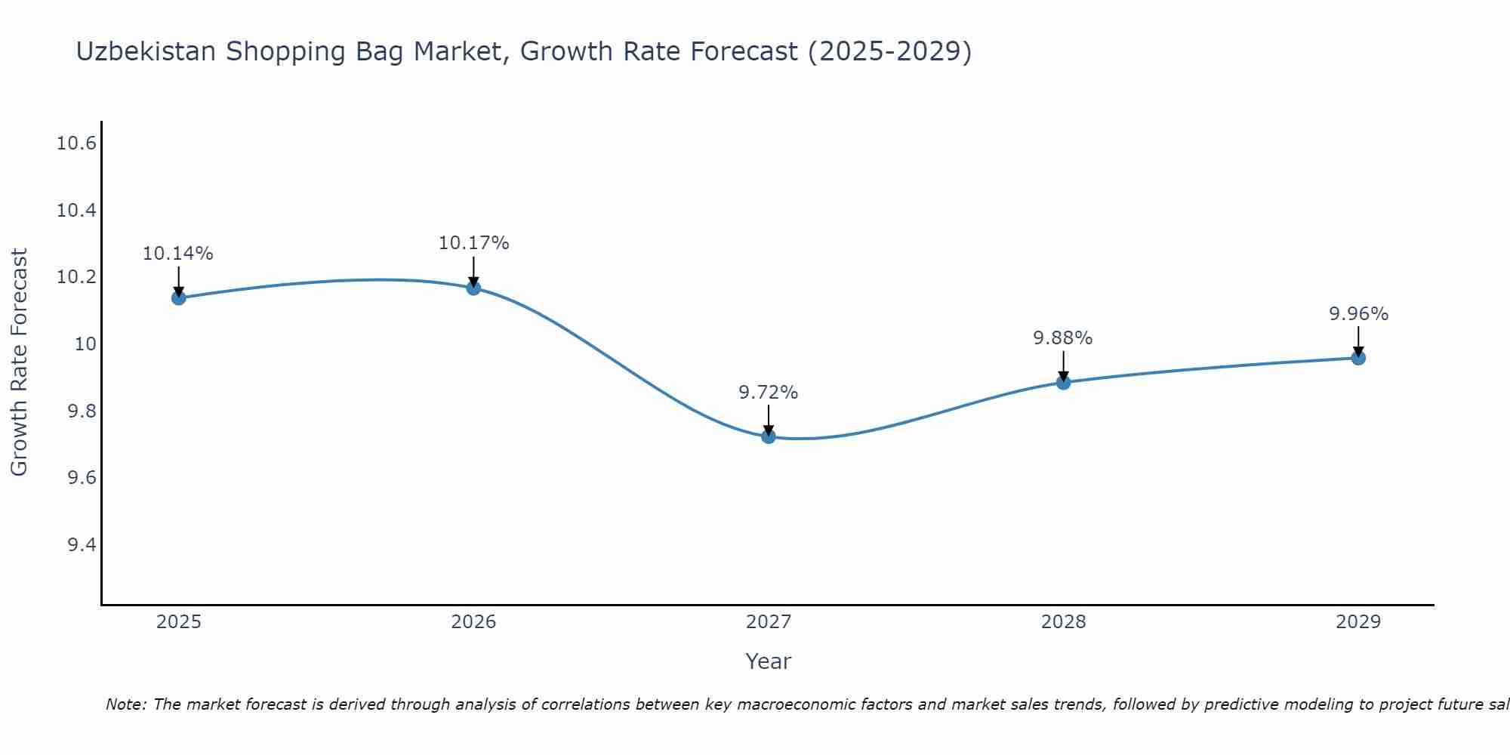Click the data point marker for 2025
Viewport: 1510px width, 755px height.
coord(178,297)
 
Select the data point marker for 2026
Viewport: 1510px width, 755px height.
coord(473,288)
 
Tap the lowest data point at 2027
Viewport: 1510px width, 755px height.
coord(769,436)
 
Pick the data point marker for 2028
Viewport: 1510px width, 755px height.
coord(1063,382)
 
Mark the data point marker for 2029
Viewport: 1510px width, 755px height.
coord(1358,357)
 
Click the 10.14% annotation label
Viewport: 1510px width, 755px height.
coord(178,254)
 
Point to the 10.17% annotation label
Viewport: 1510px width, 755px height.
coord(473,243)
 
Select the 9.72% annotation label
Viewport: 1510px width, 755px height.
coord(769,393)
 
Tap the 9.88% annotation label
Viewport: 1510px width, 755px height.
coord(1063,338)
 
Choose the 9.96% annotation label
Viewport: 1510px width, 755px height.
coord(1358,314)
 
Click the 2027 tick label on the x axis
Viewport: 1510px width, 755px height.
coord(769,622)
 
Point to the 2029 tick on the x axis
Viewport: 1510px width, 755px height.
coord(1358,622)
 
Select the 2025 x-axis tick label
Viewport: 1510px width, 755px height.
coord(178,622)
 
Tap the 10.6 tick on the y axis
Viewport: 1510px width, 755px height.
coord(76,143)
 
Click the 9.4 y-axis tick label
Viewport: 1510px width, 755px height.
coord(82,545)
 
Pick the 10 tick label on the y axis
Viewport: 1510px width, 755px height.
coord(85,344)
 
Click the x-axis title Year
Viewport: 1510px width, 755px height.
coord(768,661)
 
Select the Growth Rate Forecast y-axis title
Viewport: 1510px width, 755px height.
coord(20,362)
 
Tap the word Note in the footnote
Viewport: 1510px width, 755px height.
coord(125,704)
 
